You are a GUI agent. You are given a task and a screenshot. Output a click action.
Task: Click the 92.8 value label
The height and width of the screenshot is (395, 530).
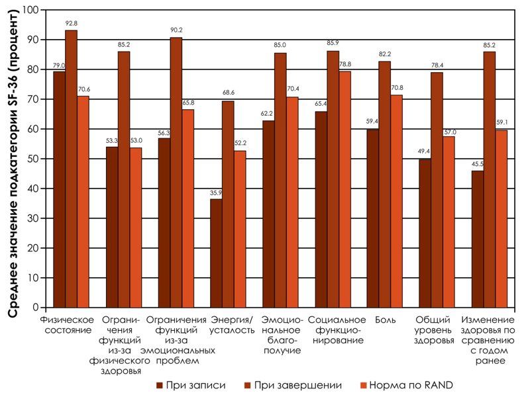(x=71, y=24)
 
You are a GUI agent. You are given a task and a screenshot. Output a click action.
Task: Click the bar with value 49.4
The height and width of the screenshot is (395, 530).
(x=425, y=233)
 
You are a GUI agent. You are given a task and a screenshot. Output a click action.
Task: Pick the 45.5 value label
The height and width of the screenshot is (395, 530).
(x=477, y=165)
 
